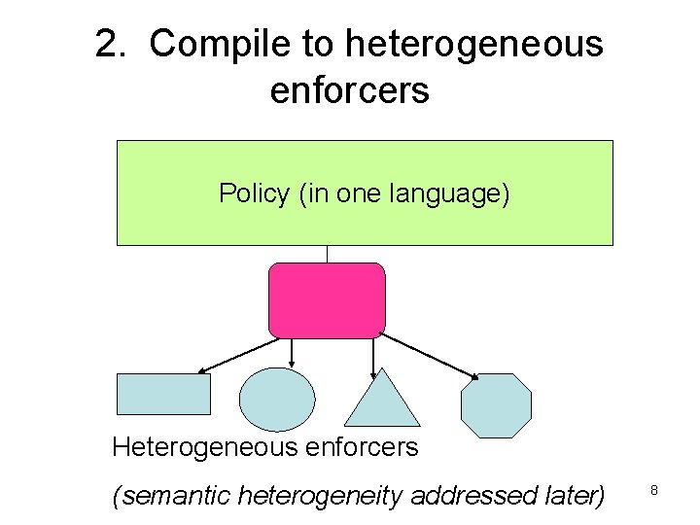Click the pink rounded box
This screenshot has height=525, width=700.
click(327, 300)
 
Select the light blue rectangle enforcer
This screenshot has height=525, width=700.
click(163, 395)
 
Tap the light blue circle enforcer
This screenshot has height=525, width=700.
click(277, 400)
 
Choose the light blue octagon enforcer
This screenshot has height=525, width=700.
click(496, 405)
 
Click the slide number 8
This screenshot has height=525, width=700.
click(654, 492)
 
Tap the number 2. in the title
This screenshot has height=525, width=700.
click(115, 45)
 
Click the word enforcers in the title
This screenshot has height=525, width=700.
click(350, 90)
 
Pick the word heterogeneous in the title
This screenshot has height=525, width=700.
click(473, 45)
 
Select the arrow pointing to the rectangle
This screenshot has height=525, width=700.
click(238, 355)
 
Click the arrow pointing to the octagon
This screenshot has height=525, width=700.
click(428, 356)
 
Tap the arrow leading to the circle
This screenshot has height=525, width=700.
click(292, 352)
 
